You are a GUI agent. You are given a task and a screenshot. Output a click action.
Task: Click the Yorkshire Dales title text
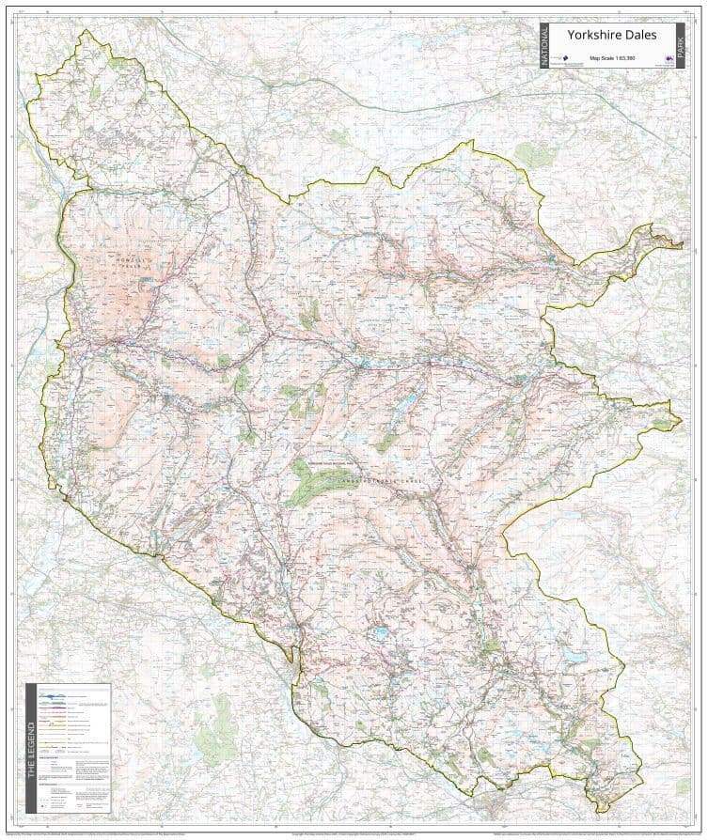click(610, 36)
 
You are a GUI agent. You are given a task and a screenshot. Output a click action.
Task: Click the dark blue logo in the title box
click(559, 59)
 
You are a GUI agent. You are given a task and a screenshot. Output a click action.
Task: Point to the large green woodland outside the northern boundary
click(532, 155)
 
